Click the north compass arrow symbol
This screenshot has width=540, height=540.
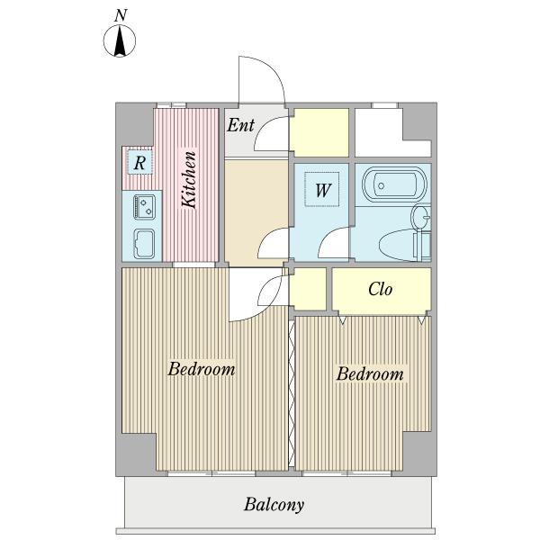pyautogui.click(x=120, y=41)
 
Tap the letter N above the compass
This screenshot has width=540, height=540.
pyautogui.click(x=121, y=16)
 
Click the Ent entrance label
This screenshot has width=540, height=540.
pyautogui.click(x=240, y=125)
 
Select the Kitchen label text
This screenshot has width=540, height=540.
pyautogui.click(x=189, y=179)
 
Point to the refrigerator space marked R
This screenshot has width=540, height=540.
pyautogui.click(x=139, y=162)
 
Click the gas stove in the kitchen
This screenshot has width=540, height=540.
pyautogui.click(x=144, y=207)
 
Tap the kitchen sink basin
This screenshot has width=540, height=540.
pyautogui.click(x=144, y=244)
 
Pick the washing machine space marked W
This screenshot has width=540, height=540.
pyautogui.click(x=322, y=189)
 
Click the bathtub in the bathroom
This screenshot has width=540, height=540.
pyautogui.click(x=395, y=185)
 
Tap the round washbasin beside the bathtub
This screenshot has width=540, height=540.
pyautogui.click(x=420, y=217)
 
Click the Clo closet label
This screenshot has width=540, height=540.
pyautogui.click(x=380, y=289)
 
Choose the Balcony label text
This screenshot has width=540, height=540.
pyautogui.click(x=274, y=505)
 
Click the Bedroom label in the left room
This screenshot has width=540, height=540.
pyautogui.click(x=202, y=369)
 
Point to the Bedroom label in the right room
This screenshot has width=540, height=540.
pyautogui.click(x=370, y=374)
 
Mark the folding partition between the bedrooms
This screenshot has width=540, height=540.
pyautogui.click(x=292, y=393)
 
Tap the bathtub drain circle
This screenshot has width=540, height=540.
pyautogui.click(x=381, y=186)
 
